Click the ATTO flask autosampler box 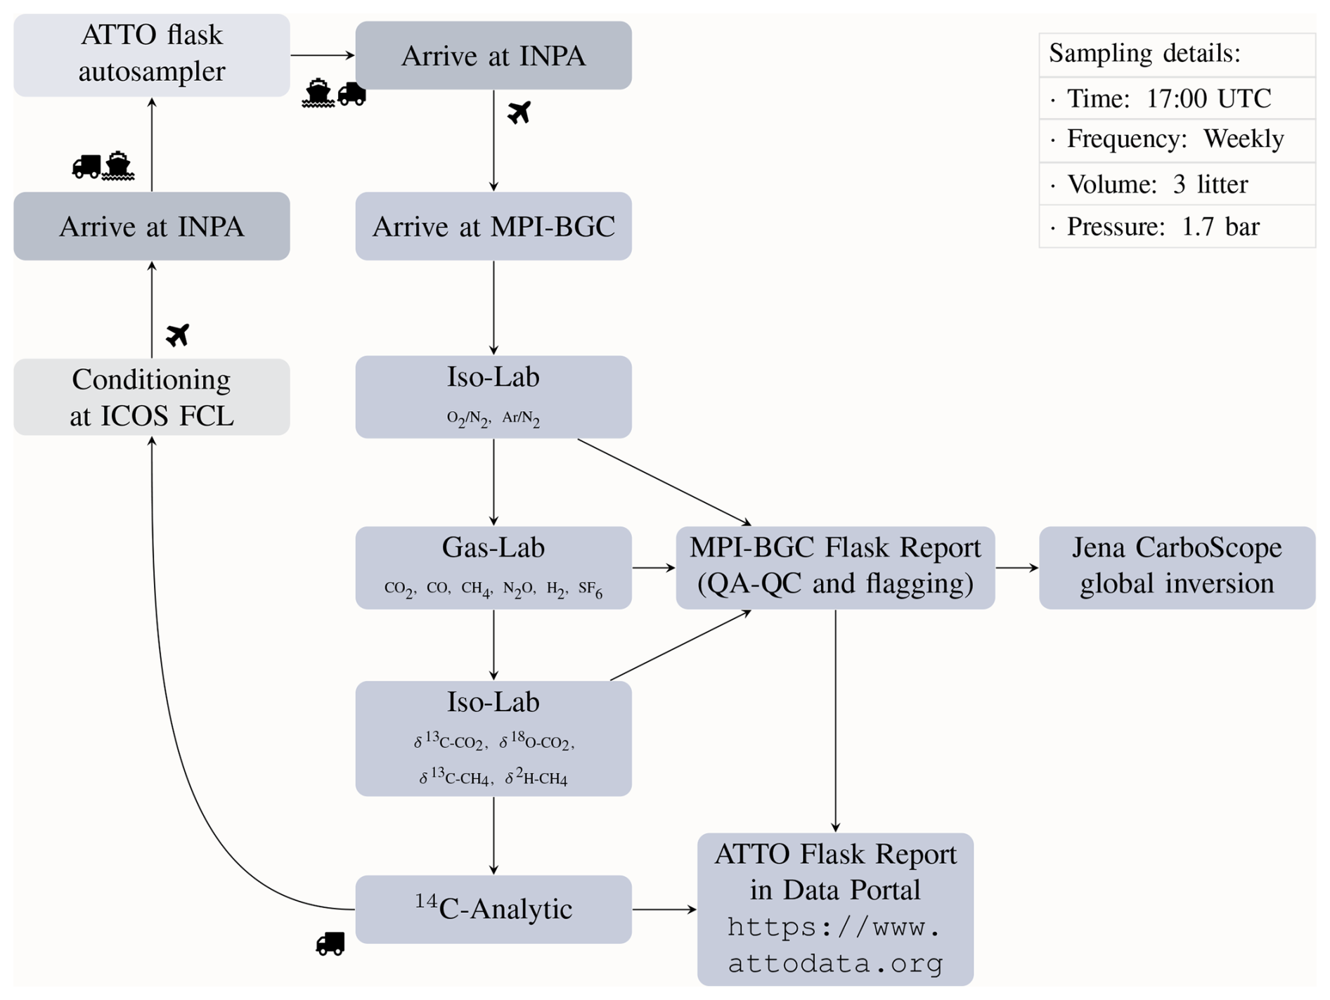151,55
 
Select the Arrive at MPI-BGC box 493,226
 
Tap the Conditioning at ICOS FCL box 151,397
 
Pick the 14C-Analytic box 493,909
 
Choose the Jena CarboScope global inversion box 1176,567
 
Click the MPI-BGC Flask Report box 834,567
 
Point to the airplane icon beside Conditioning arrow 178,335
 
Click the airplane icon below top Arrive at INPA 519,112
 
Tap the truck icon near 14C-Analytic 330,943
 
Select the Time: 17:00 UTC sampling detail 1168,98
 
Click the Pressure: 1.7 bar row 1163,226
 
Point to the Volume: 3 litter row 1157,184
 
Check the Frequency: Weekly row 1175,139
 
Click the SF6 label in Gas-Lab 590,589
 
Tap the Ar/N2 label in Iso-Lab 521,419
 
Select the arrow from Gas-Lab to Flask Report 653,567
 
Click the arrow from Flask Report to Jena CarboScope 1016,567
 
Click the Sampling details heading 1144,53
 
